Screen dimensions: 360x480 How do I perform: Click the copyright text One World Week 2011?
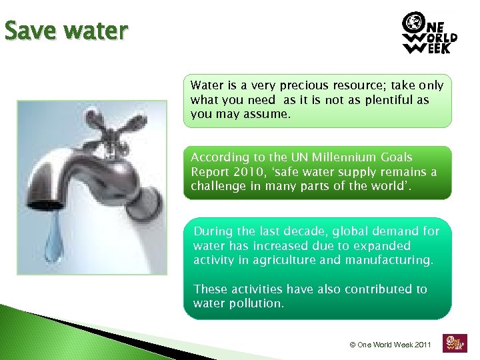(391, 345)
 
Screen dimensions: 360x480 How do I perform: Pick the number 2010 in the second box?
(243, 172)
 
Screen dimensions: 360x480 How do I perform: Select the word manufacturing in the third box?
(389, 260)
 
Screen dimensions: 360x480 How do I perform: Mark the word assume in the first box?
(268, 114)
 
